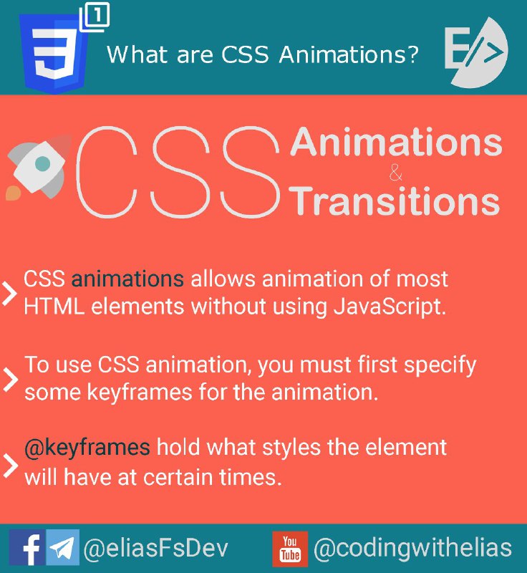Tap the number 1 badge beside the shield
coord(95,17)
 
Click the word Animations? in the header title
coord(349,55)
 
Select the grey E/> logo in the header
coord(476,52)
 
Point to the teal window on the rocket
coord(43,163)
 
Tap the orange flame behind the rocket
coord(13,193)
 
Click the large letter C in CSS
coord(106,172)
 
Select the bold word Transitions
coord(394,201)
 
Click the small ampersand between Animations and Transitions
coord(395,173)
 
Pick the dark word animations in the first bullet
coord(127,279)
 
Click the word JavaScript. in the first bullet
coord(390,307)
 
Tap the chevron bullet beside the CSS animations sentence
coord(9,293)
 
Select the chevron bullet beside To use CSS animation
coord(10,380)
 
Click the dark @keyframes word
coord(87,448)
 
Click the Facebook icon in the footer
coord(27,547)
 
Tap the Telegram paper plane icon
coord(62,547)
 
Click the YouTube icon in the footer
coord(290,549)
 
